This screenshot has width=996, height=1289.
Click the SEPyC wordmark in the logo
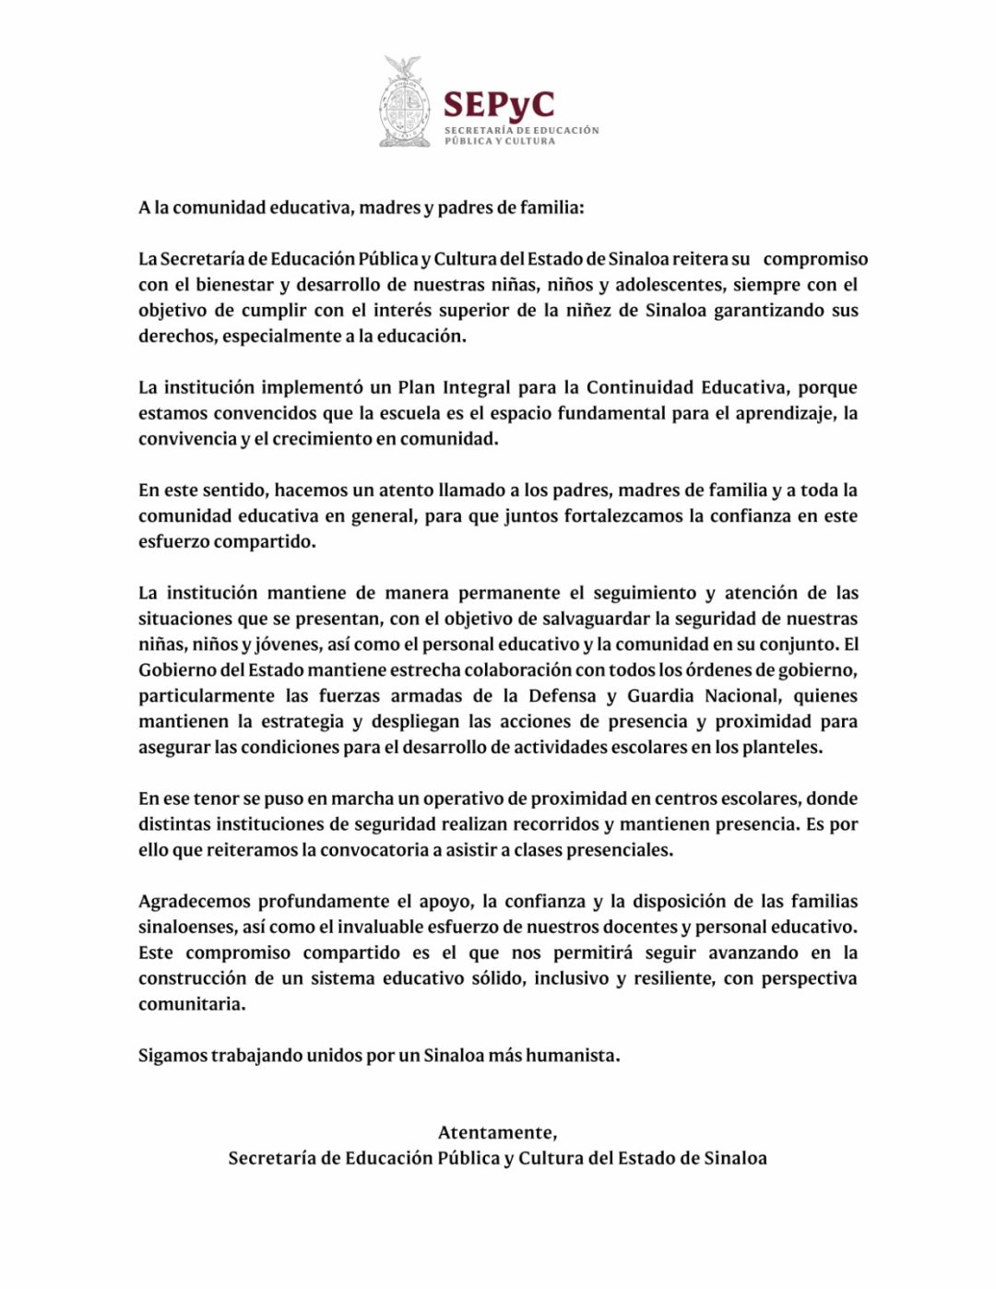click(498, 104)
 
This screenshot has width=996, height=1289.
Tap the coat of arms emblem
click(403, 103)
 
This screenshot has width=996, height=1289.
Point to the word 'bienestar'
click(234, 285)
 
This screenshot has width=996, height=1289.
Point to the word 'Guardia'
click(662, 696)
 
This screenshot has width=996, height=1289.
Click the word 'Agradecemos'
click(195, 902)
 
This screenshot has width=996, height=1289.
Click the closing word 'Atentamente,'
click(497, 1132)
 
